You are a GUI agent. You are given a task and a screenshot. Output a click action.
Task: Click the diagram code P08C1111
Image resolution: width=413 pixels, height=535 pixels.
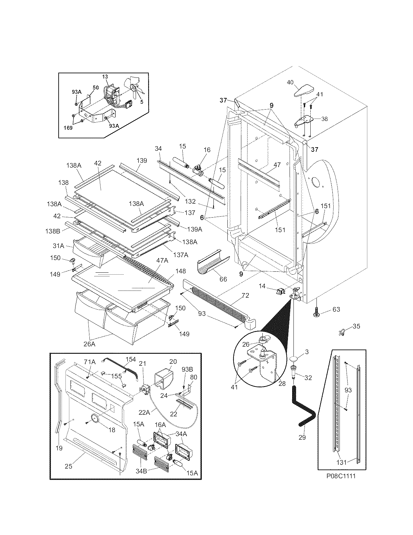(x=338, y=477)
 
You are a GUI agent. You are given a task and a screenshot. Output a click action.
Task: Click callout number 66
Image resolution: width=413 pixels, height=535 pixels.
(x=223, y=279)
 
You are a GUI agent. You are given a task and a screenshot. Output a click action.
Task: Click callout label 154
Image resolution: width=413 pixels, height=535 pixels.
(x=131, y=359)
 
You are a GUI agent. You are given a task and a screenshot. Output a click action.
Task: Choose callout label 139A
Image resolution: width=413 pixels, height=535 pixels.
(x=194, y=229)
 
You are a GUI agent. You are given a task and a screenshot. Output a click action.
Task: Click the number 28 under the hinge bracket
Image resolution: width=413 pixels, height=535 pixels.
(x=282, y=384)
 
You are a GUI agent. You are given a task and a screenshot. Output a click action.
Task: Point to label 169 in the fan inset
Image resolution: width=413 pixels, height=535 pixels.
(x=68, y=128)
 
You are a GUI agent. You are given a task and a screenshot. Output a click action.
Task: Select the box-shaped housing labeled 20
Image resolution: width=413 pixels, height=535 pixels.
(x=164, y=378)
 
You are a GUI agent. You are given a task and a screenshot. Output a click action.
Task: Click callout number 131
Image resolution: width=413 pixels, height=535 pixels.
(x=342, y=463)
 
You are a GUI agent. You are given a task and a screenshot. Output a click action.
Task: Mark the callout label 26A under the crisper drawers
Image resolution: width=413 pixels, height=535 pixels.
(x=89, y=344)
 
